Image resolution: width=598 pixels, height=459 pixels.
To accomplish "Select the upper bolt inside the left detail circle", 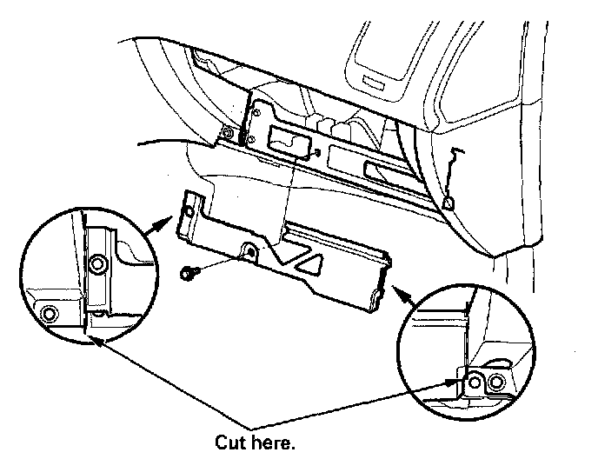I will (x=99, y=263).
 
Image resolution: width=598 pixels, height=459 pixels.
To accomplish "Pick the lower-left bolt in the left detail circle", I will (x=49, y=312).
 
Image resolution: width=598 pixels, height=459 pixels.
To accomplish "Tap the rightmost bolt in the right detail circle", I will (x=495, y=382).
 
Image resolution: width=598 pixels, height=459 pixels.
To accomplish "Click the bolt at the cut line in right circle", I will (x=474, y=381).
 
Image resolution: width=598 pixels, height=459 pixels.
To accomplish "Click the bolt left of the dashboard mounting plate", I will (x=228, y=133).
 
